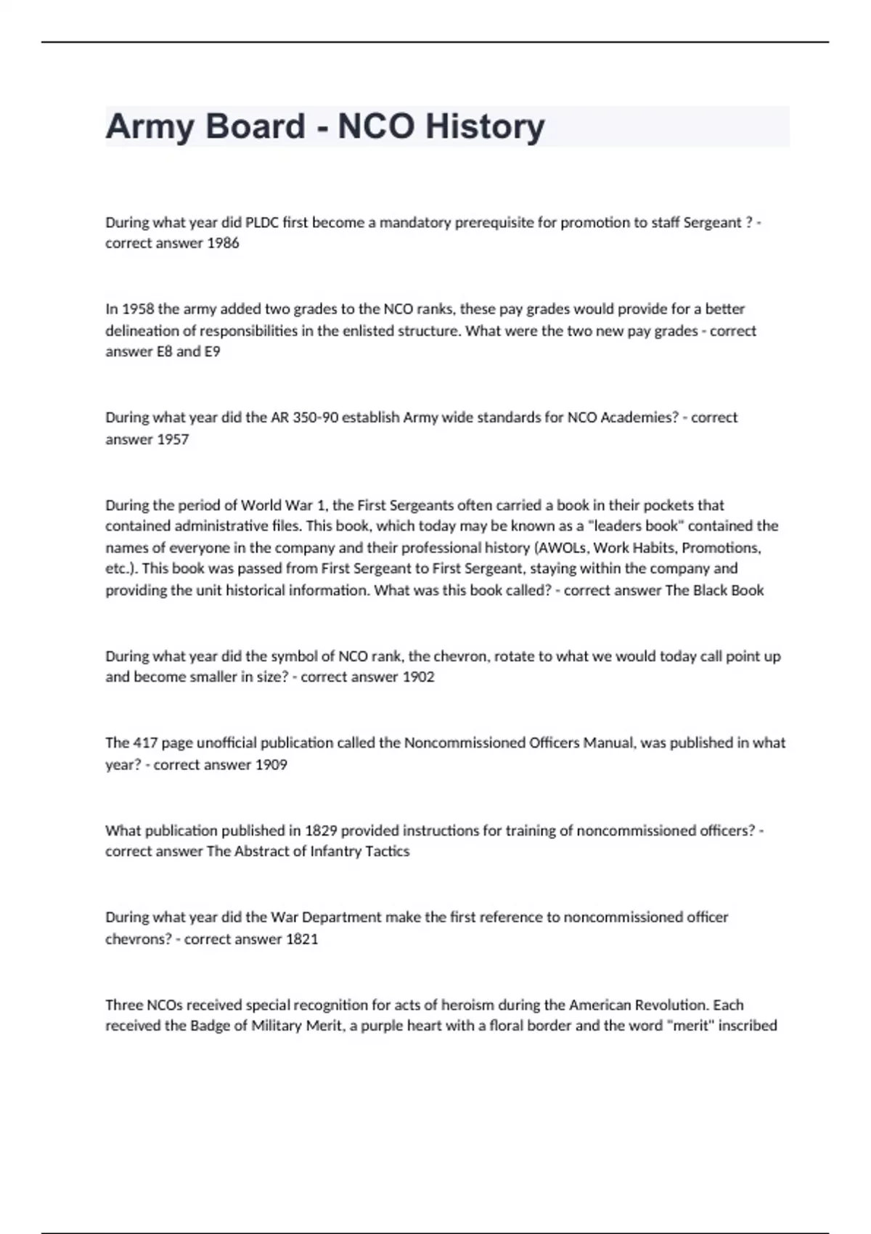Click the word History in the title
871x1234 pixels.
tap(484, 126)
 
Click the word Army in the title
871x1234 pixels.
tap(150, 126)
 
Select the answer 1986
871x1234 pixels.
tap(223, 244)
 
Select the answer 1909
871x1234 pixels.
tap(271, 765)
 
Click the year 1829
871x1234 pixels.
tap(320, 831)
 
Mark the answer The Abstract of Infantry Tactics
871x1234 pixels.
tap(308, 851)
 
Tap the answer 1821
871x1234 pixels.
tap(302, 939)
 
